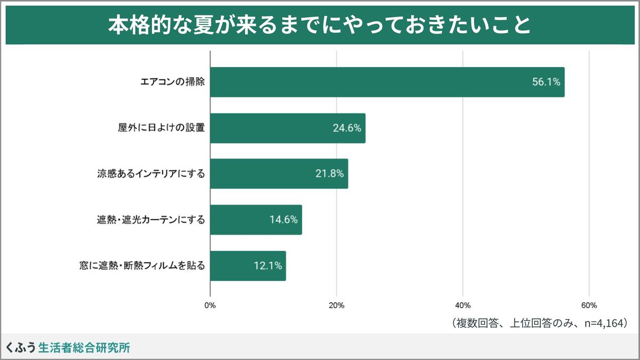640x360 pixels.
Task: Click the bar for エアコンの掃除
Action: point(387,82)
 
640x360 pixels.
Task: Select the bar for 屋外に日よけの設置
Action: point(287,128)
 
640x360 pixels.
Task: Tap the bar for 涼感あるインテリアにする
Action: point(279,174)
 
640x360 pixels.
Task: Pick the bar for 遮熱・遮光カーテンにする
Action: point(256,220)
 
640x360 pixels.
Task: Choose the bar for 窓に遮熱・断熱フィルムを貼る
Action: point(248,266)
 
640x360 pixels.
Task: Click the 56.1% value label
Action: point(546,82)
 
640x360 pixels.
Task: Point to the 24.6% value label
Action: point(347,128)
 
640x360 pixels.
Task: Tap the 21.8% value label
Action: point(330,174)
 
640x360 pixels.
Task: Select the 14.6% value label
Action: point(284,220)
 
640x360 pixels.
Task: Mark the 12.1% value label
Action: point(268,266)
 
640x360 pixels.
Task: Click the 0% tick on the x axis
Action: point(210,306)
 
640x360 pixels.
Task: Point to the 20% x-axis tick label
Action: point(337,306)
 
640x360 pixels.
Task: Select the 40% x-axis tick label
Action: point(463,306)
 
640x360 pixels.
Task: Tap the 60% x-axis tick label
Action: point(589,306)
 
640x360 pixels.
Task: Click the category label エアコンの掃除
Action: point(172,82)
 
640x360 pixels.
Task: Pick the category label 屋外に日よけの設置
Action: point(162,128)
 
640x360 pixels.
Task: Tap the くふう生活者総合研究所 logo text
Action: point(68,348)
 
